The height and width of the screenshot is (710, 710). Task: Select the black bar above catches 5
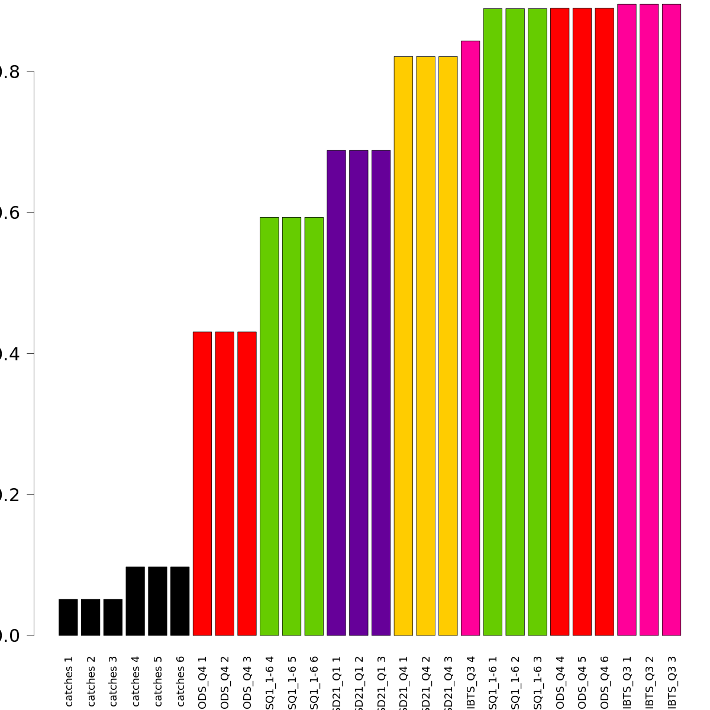157,601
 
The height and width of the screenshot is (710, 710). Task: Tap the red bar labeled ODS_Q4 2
224,483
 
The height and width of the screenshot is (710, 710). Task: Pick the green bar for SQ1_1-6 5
292,426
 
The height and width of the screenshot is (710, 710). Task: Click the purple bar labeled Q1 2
359,393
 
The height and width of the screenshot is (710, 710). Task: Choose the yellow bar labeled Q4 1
403,346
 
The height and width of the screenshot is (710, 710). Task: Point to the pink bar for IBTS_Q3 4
470,338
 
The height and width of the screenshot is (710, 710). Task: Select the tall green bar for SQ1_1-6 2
515,322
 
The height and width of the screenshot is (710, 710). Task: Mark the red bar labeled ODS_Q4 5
582,322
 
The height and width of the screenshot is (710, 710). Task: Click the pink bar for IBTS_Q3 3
672,319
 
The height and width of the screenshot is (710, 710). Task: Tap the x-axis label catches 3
113,680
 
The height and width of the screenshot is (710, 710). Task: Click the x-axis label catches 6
180,680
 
